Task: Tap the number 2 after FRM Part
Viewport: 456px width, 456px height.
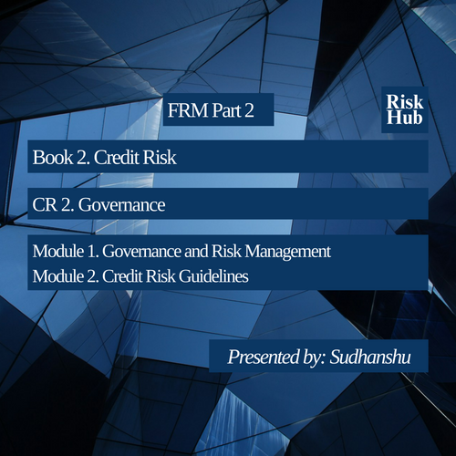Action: [249, 110]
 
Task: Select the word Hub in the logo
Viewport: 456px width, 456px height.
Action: [404, 118]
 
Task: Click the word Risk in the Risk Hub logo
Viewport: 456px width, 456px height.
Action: [405, 101]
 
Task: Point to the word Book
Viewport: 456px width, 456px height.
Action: [53, 157]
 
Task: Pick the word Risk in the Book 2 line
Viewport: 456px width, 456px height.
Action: [160, 157]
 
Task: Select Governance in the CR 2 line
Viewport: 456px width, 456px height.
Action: [121, 204]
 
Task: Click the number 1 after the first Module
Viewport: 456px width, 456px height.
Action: [91, 252]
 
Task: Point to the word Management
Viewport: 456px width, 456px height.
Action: [288, 253]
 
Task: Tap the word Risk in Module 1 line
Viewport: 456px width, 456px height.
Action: [226, 252]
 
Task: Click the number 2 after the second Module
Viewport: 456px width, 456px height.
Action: [92, 276]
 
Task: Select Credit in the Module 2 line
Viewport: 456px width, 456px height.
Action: [122, 276]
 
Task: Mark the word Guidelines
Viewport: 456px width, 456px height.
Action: [213, 276]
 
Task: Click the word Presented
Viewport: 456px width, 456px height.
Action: [264, 357]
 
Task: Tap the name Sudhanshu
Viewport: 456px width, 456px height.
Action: [370, 357]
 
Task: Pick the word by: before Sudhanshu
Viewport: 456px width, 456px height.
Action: [315, 358]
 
